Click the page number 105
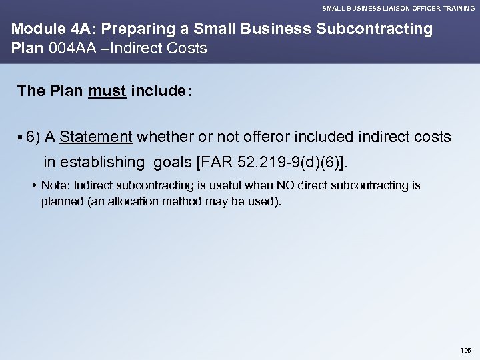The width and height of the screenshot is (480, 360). (x=465, y=349)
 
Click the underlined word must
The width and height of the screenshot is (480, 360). (x=107, y=91)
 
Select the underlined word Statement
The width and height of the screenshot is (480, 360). (x=96, y=137)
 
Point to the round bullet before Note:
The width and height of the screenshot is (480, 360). (x=33, y=185)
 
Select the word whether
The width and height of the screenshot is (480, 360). (x=164, y=137)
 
